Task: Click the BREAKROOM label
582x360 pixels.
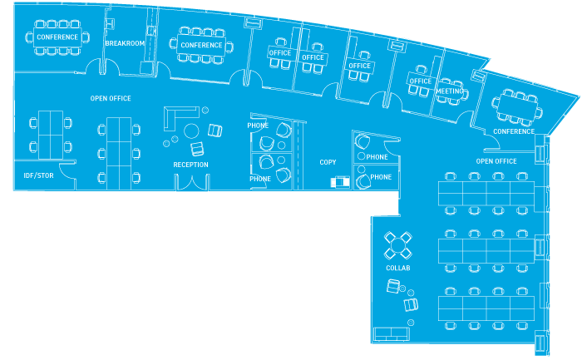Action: tap(125, 43)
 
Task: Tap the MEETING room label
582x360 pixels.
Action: tap(449, 91)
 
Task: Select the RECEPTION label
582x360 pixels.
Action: tap(190, 165)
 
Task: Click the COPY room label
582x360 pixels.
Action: tap(328, 162)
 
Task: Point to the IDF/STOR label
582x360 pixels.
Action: tap(39, 175)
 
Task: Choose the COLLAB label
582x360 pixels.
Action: tap(398, 268)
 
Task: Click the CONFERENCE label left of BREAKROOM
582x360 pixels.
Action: tap(57, 37)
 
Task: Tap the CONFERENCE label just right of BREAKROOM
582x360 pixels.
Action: tap(201, 45)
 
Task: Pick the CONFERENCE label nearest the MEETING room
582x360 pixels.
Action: tap(514, 131)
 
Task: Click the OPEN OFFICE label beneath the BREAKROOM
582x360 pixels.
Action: tap(111, 98)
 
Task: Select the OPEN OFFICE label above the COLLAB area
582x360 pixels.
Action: tap(496, 160)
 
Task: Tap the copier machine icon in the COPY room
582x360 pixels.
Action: tap(340, 180)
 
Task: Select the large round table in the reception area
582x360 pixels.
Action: tap(191, 131)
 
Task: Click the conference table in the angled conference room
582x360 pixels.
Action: tap(517, 106)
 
